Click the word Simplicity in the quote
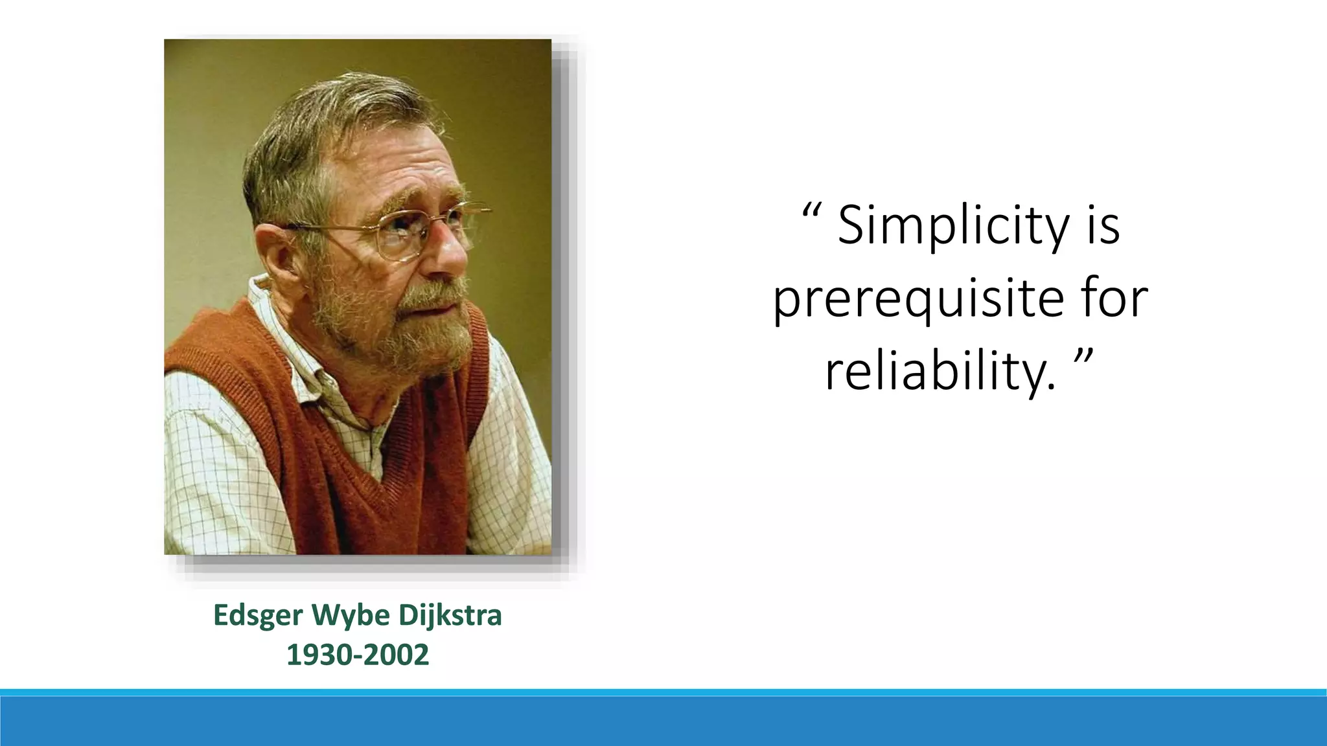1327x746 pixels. pyautogui.click(x=953, y=226)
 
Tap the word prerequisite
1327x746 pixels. pyautogui.click(x=919, y=299)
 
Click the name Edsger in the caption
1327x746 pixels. pyautogui.click(x=258, y=615)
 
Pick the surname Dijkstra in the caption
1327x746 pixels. pyautogui.click(x=450, y=615)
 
